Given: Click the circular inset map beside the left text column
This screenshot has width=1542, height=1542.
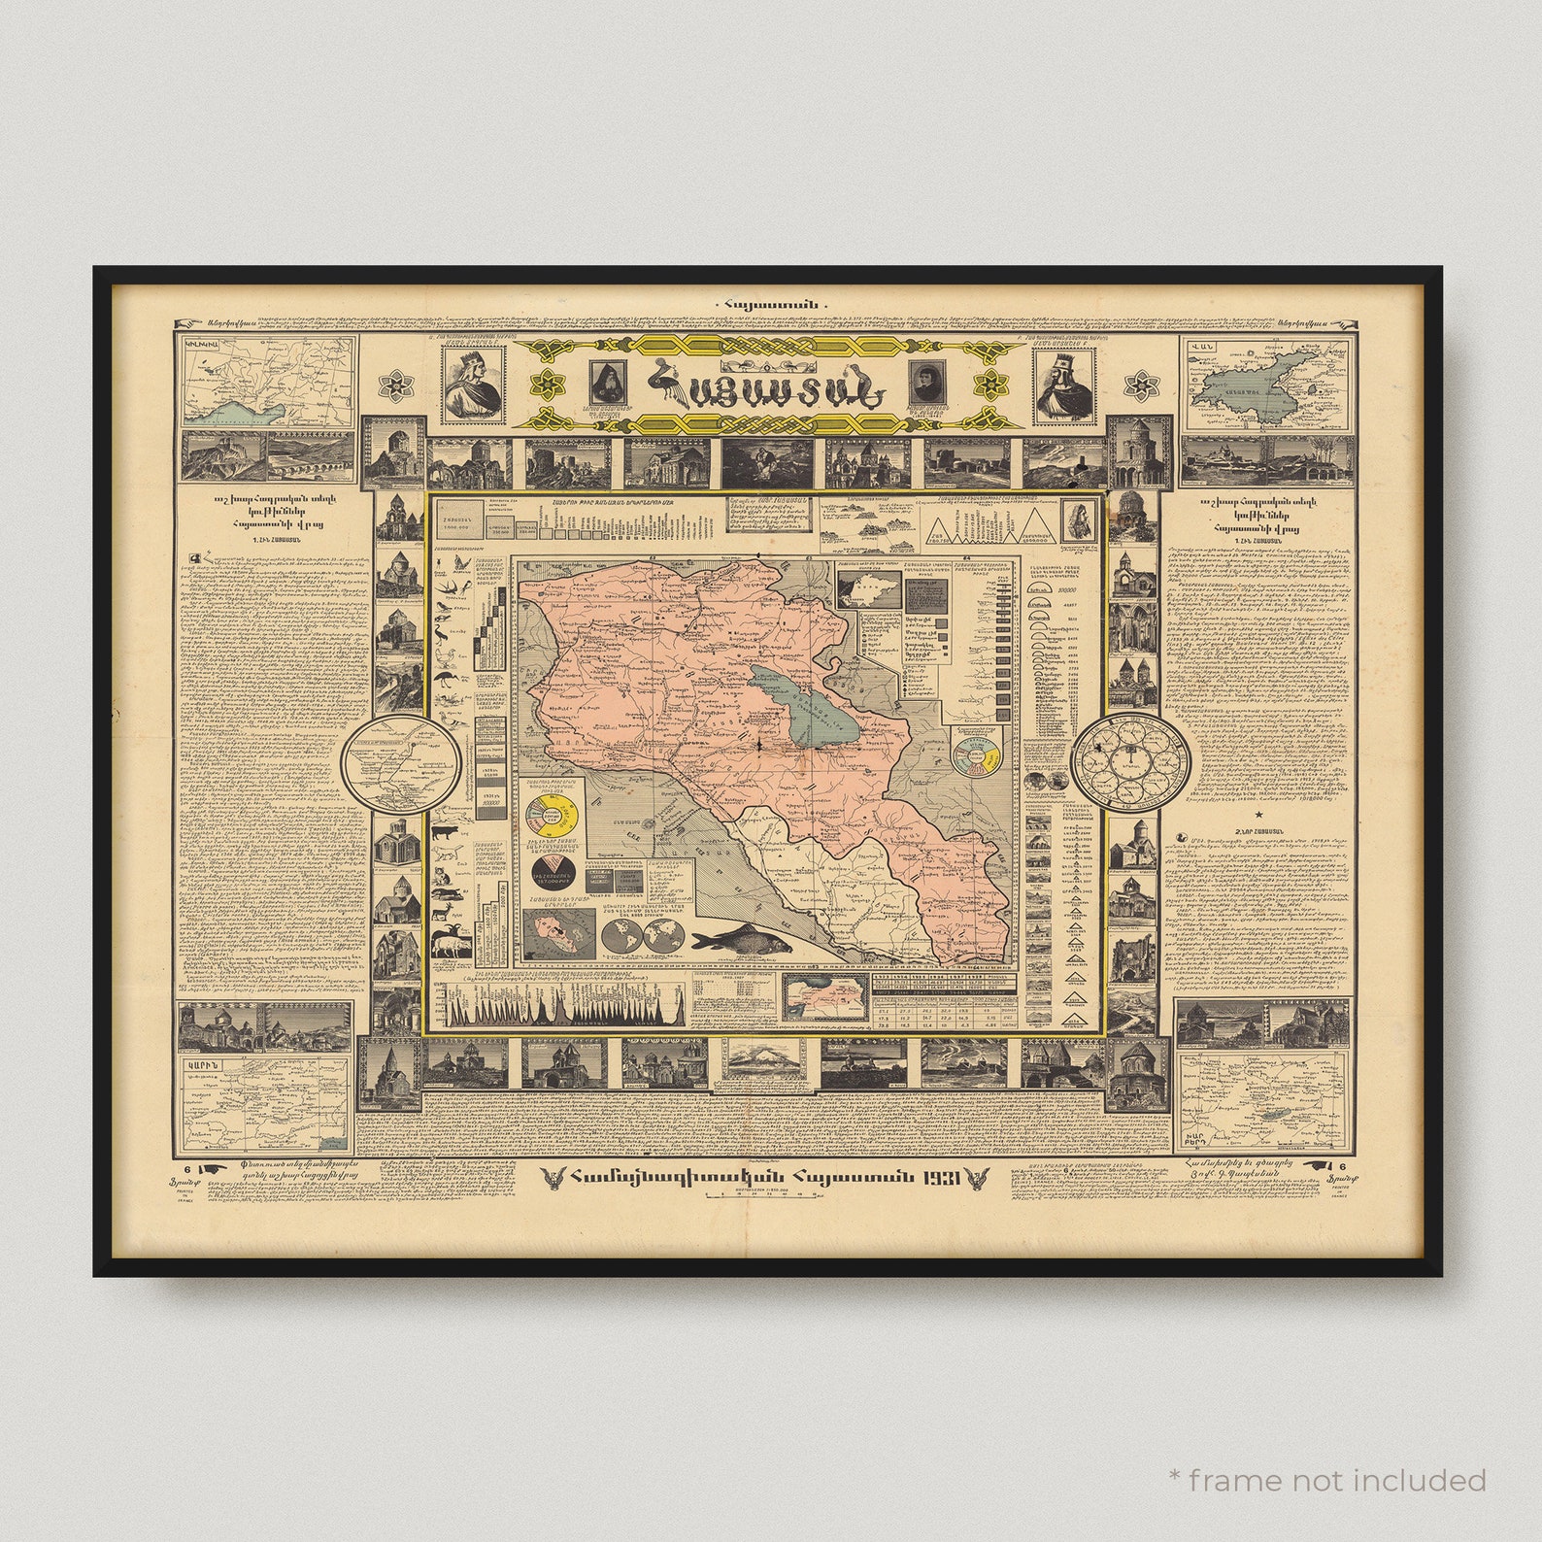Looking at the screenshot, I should [400, 764].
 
